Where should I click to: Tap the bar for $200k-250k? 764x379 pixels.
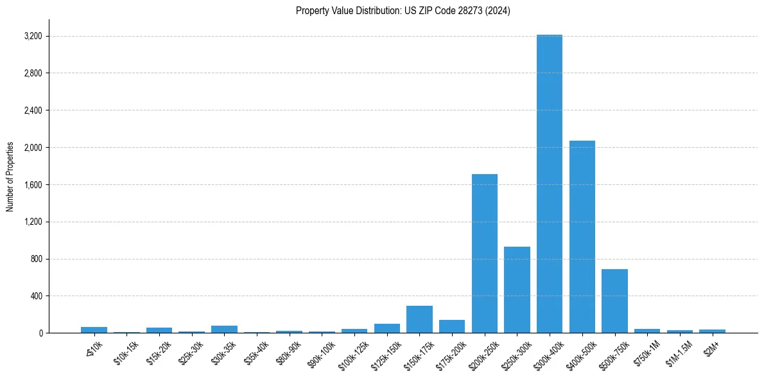(485, 253)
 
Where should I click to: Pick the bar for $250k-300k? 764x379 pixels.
(517, 290)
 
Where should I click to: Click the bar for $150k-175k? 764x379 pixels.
(419, 319)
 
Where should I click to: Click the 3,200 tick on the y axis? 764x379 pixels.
(33, 36)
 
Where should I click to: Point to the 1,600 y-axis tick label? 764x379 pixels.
(33, 185)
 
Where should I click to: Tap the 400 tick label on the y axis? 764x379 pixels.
(36, 296)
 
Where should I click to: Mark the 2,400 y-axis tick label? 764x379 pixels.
(33, 110)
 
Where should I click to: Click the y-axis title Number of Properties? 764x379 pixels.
(10, 177)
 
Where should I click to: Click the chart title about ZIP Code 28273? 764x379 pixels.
(403, 11)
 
